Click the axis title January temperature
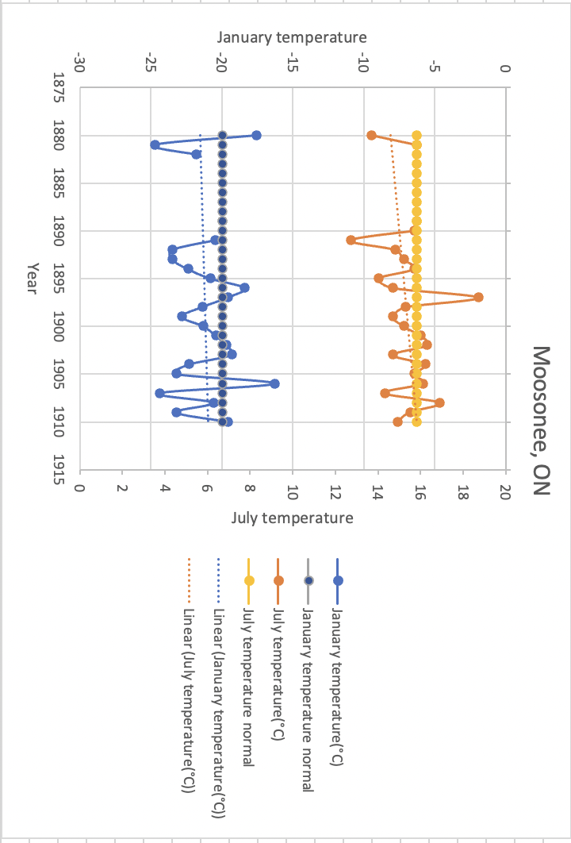point(292,37)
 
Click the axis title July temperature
point(292,518)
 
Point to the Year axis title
point(32,278)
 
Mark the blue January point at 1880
point(256,136)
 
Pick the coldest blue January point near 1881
point(155,145)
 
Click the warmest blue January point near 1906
point(274,383)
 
